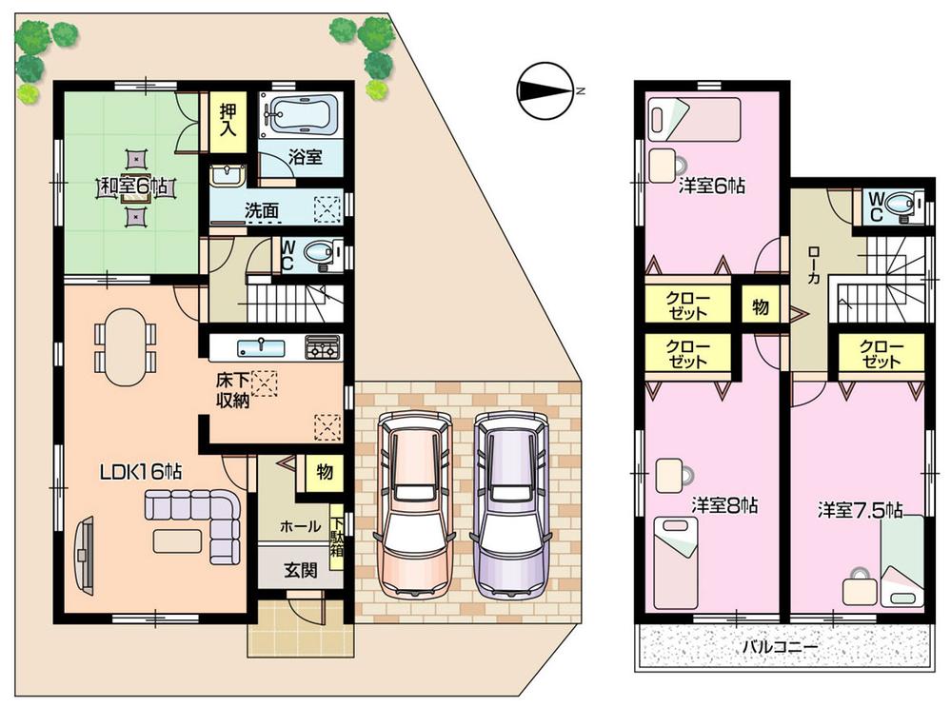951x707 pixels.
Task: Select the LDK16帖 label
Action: coord(143,469)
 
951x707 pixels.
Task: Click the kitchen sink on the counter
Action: coord(255,345)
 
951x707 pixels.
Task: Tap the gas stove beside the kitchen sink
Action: coord(323,346)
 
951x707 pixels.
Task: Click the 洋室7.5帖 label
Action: coord(860,511)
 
